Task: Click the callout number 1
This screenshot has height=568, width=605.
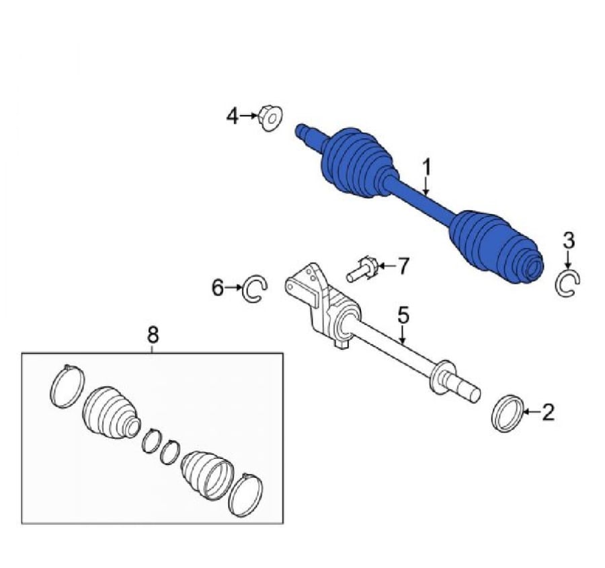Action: (x=426, y=168)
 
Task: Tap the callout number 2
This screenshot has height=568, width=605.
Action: (x=548, y=412)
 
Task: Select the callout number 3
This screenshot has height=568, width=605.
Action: (x=569, y=240)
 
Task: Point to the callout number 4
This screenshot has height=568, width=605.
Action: (x=233, y=116)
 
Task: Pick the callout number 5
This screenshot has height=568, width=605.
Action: (x=403, y=315)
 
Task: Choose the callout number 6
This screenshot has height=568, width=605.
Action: (x=218, y=287)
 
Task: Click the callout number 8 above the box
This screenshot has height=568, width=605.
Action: (x=153, y=334)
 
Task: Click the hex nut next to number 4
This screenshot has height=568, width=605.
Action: (x=270, y=118)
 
